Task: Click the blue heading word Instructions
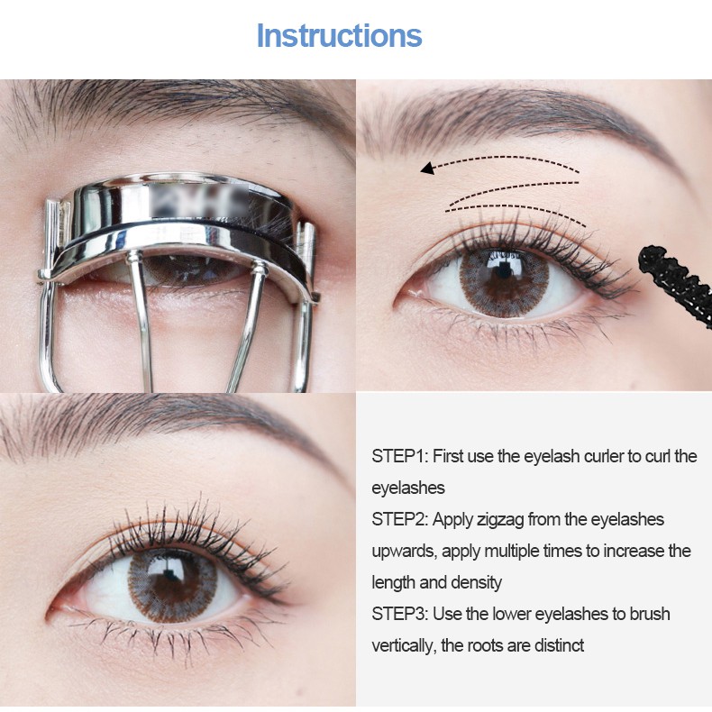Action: pos(339,36)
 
